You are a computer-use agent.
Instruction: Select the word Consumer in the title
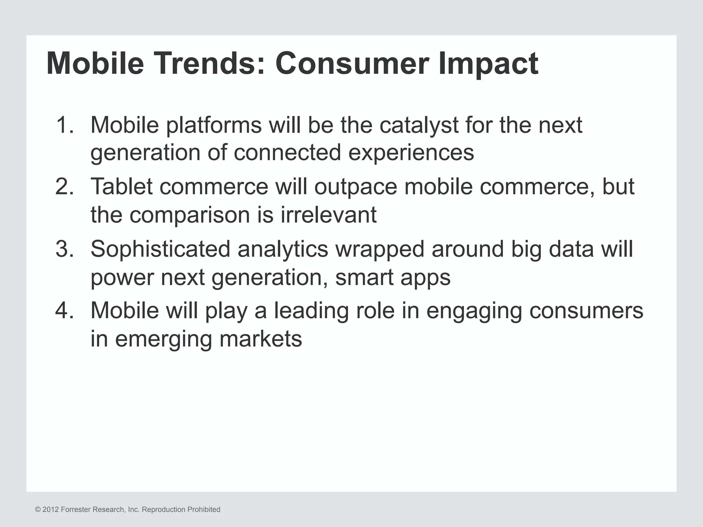pos(351,63)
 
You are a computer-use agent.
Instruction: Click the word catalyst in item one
pos(419,126)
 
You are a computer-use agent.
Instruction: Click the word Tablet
pos(122,187)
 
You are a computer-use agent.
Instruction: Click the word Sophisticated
pos(160,249)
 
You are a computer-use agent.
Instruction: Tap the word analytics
pos(283,249)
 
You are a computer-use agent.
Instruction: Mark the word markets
pos(261,339)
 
